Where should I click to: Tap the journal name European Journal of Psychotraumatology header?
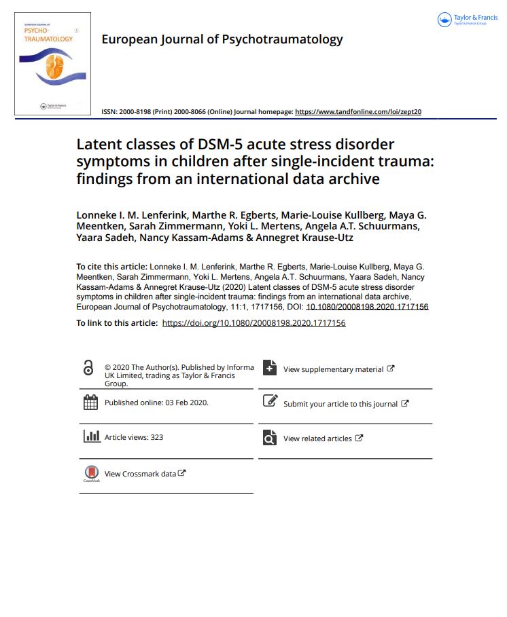point(222,39)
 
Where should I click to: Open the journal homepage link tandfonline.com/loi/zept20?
point(357,111)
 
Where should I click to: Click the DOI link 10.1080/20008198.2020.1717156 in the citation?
point(367,306)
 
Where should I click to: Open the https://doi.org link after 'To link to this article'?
point(254,323)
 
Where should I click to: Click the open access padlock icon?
point(88,368)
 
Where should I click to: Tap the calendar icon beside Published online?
point(90,403)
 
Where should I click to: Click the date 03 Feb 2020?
point(187,403)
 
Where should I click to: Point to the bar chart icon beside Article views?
point(91,436)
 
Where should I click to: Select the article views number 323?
point(156,437)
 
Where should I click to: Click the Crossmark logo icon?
point(91,473)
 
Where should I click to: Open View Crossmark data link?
point(145,474)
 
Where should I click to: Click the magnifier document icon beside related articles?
point(270,438)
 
